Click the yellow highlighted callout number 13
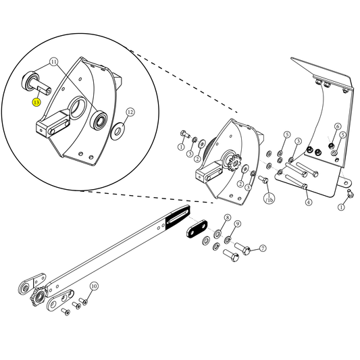coord(36,103)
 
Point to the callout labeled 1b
coord(269,199)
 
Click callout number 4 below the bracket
coord(308,202)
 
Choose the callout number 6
coord(338,126)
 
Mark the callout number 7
coord(263,249)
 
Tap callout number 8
coord(228,217)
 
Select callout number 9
coord(238,224)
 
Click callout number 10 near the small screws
coord(94,286)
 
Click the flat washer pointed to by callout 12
coord(118,128)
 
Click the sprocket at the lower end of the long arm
coord(38,297)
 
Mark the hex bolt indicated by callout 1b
coord(263,180)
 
